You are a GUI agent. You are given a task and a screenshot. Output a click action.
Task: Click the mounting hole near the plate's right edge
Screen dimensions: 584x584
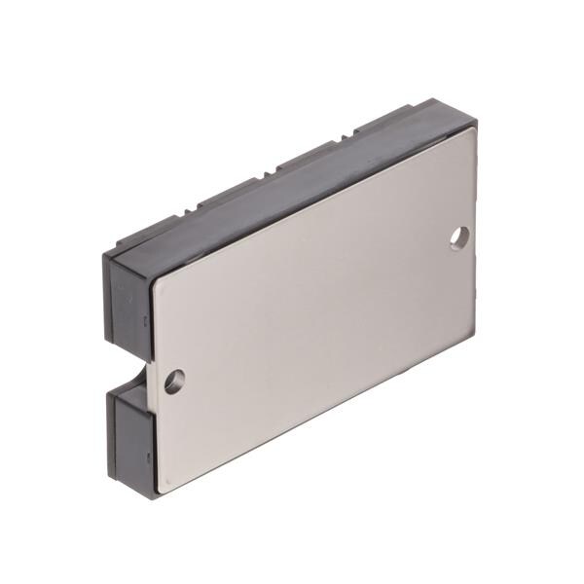pos(460,236)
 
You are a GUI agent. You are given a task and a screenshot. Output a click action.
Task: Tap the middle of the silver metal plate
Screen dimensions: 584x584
pos(316,307)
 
